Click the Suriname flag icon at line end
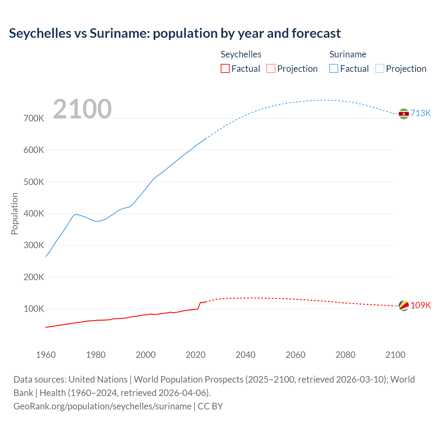click(404, 114)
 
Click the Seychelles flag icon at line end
click(404, 306)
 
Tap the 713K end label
click(421, 113)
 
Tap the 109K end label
click(421, 305)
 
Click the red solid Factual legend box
click(225, 68)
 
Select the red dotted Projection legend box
click(271, 68)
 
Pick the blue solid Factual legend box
click(334, 68)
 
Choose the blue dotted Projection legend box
click(379, 68)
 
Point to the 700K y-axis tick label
click(34, 119)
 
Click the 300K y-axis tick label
click(34, 245)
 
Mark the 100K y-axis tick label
click(34, 309)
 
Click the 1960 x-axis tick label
click(46, 355)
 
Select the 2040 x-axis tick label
click(245, 355)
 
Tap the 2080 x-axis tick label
click(345, 355)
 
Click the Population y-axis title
click(14, 213)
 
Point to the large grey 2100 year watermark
click(82, 109)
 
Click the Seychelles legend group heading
click(241, 54)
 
